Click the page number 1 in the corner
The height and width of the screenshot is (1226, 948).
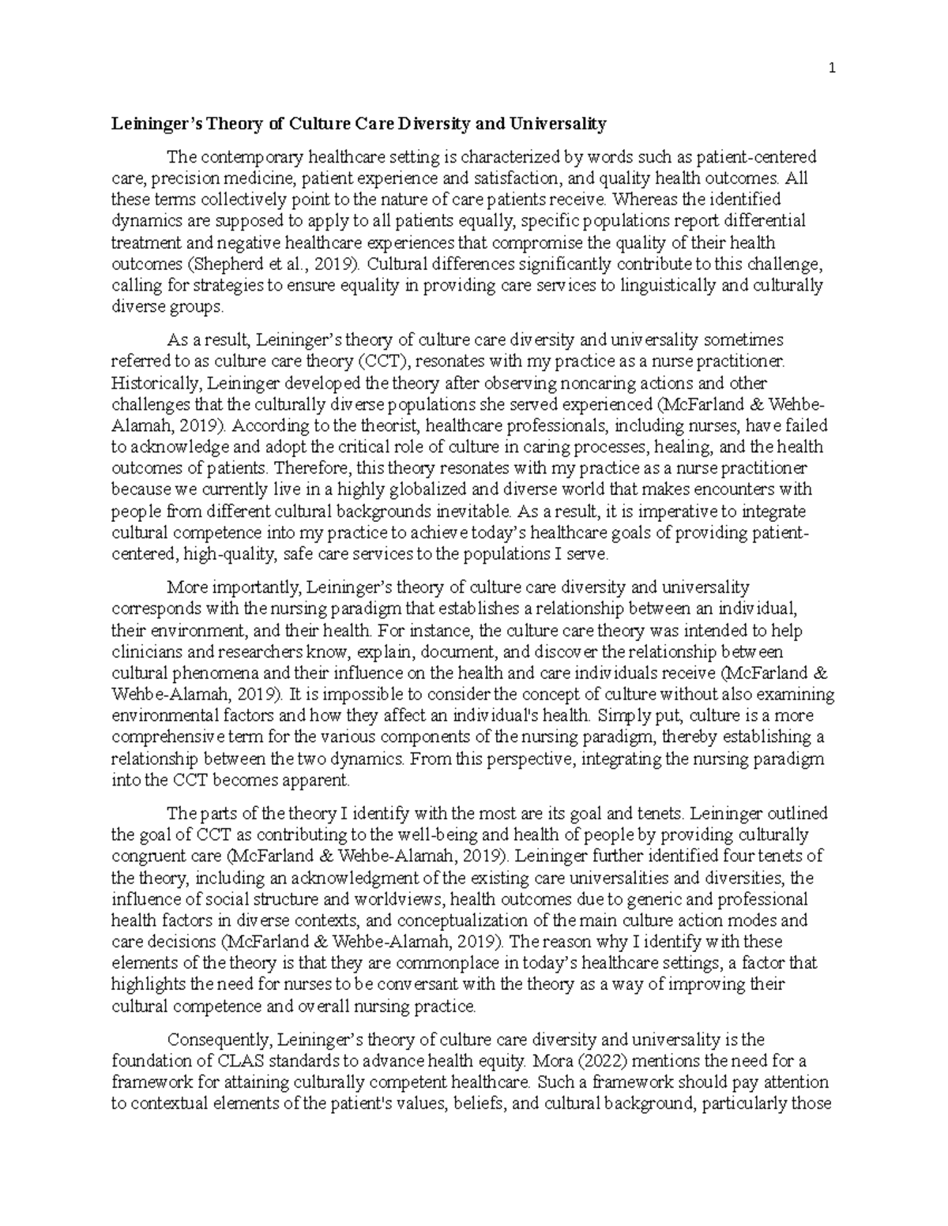click(832, 69)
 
